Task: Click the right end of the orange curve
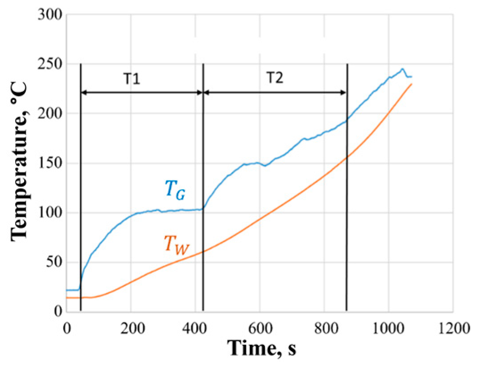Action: pos(411,84)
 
